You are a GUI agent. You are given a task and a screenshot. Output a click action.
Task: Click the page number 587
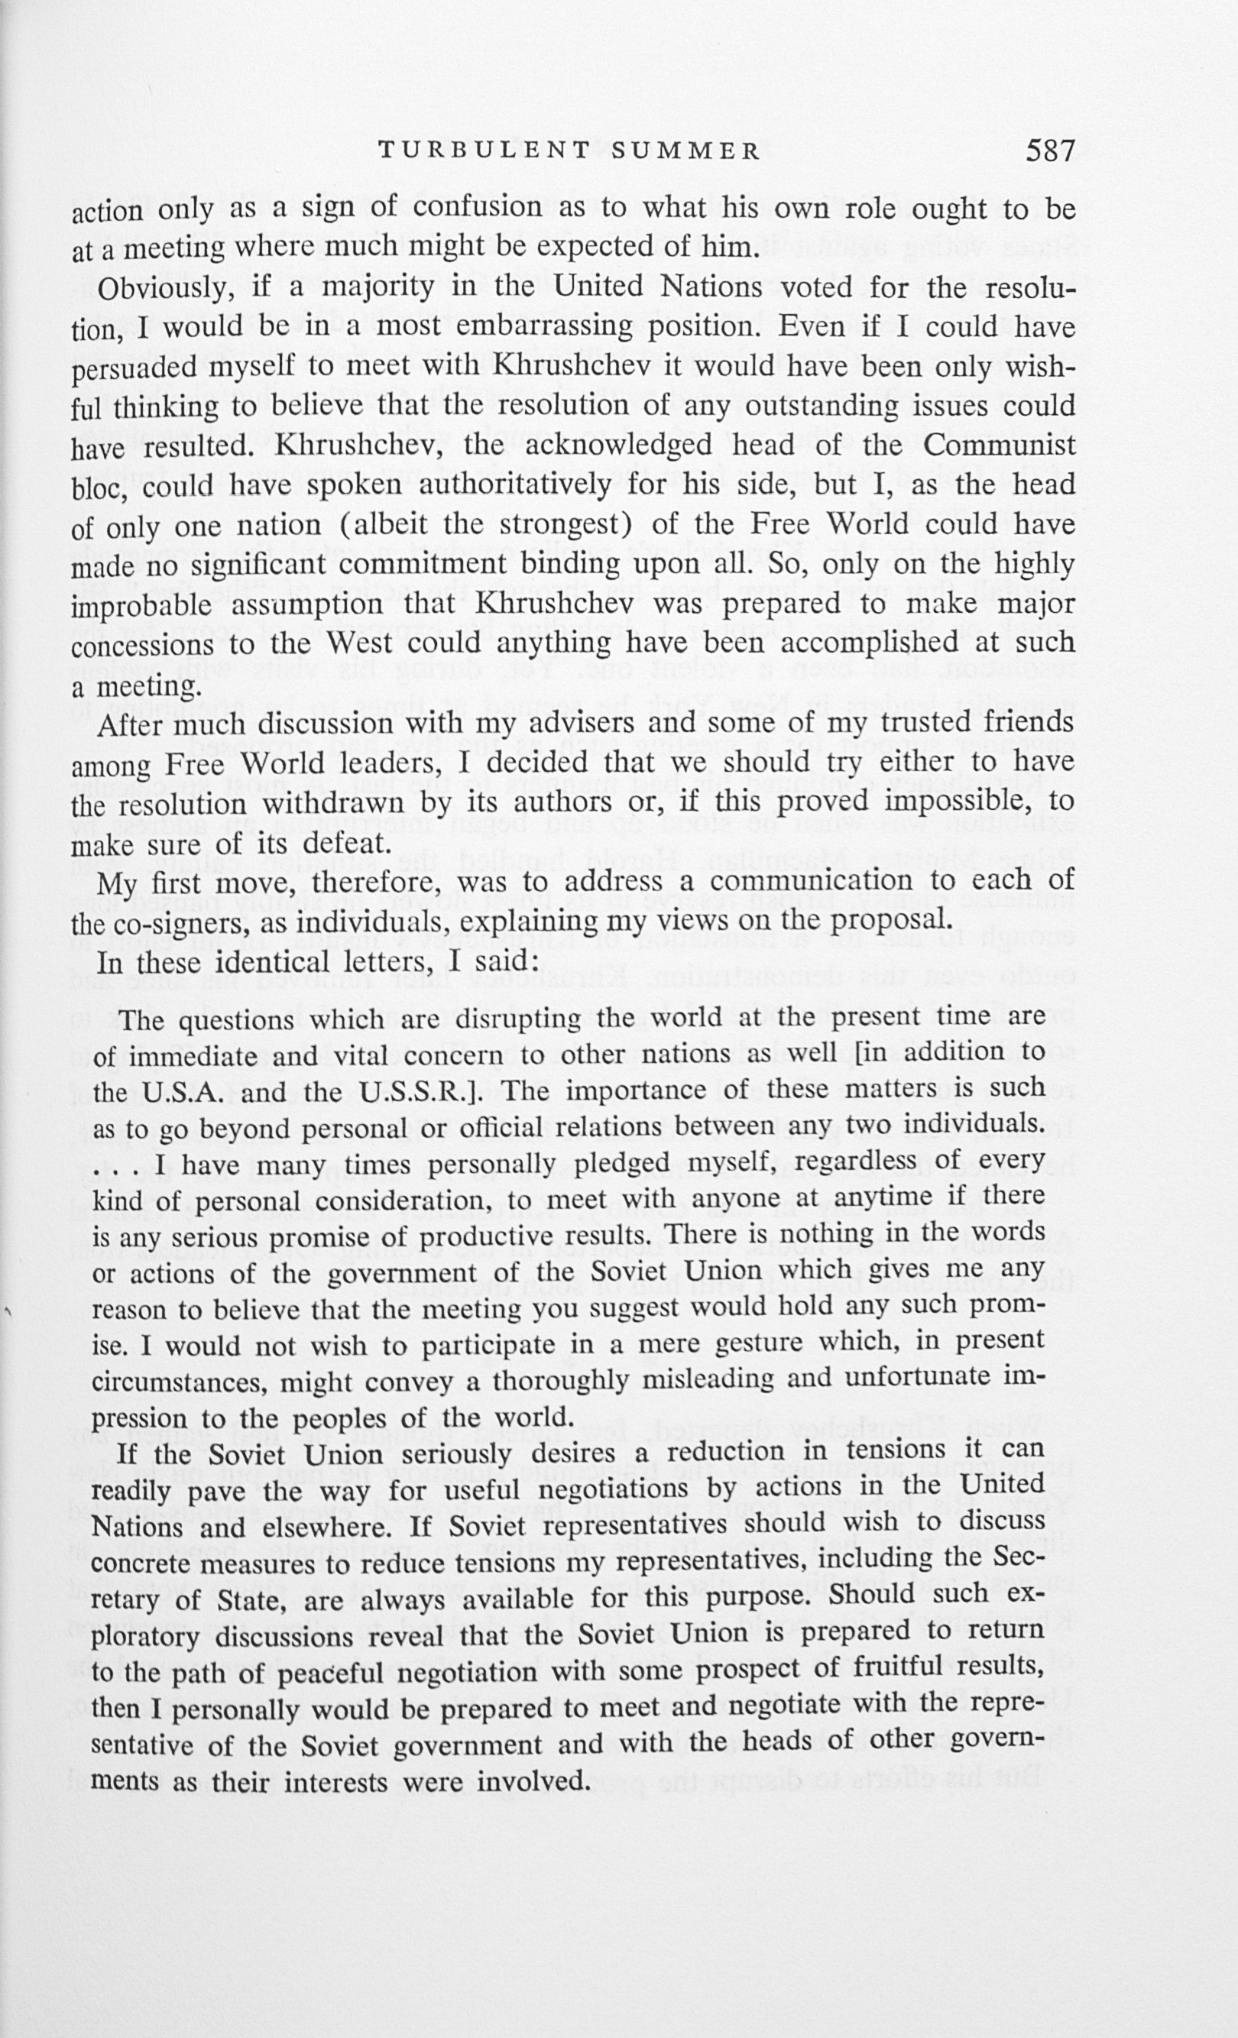coord(1050,151)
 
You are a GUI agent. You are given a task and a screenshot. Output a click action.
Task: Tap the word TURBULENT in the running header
coord(484,151)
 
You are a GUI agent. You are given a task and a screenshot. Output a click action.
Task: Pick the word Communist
coord(999,446)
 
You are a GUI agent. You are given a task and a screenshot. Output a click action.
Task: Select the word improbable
coord(143,606)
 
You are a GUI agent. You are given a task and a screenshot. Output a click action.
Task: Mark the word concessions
coord(143,646)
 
